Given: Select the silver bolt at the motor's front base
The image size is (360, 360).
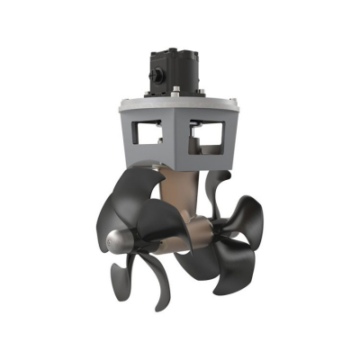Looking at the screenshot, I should pyautogui.click(x=176, y=89).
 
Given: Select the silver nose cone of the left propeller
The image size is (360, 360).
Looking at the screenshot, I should pyautogui.click(x=121, y=240).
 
